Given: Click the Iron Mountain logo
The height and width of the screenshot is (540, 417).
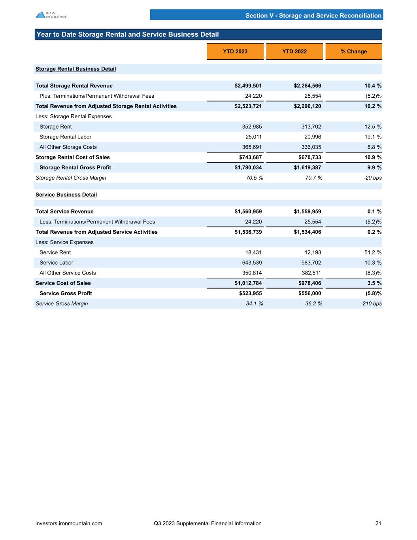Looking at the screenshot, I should tap(51, 15).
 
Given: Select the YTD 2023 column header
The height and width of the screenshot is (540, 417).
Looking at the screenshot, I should tap(235, 51).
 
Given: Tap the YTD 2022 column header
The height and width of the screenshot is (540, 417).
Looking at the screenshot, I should tap(294, 51).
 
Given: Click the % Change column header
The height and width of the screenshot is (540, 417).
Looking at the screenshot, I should tap(353, 51).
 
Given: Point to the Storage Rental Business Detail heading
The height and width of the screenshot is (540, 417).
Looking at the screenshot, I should tap(75, 69).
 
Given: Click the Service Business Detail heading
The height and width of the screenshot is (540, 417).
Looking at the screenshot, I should tap(66, 195).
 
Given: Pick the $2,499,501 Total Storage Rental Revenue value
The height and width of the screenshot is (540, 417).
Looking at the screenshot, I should tap(248, 86).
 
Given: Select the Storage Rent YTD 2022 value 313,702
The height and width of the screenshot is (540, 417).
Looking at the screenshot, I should tap(309, 127).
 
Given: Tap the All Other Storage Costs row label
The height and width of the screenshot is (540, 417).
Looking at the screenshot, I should tap(68, 147).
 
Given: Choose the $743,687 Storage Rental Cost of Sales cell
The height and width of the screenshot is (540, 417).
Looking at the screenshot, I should tap(249, 157).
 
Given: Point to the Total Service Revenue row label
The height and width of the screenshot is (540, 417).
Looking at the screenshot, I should tap(64, 212).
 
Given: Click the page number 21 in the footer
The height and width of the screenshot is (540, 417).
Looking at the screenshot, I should tap(378, 523).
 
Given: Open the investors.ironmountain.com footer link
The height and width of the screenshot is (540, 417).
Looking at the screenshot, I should tap(69, 523).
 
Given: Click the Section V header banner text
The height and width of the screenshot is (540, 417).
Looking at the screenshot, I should tap(313, 15).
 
